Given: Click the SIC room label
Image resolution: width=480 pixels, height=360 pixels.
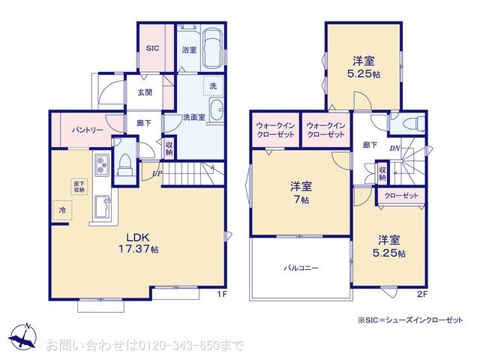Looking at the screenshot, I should coord(153,47).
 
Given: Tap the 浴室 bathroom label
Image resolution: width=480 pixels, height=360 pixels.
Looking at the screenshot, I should coord(189,50).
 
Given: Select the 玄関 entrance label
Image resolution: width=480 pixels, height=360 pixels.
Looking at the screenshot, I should coord(145,93).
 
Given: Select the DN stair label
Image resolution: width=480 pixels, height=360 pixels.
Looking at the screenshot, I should coord(394,148).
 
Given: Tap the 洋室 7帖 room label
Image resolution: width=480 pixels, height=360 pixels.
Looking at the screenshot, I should coord(301,193).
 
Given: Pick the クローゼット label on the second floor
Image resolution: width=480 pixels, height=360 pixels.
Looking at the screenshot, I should coord(403,196).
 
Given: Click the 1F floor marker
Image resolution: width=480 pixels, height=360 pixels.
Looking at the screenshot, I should coord(222,294).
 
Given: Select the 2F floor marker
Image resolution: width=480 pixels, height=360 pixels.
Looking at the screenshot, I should coord(421,294).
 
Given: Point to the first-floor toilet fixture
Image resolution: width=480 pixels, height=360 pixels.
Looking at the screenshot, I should coord(126,163).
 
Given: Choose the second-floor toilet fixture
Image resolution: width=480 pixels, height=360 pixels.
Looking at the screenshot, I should coord(411,122).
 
